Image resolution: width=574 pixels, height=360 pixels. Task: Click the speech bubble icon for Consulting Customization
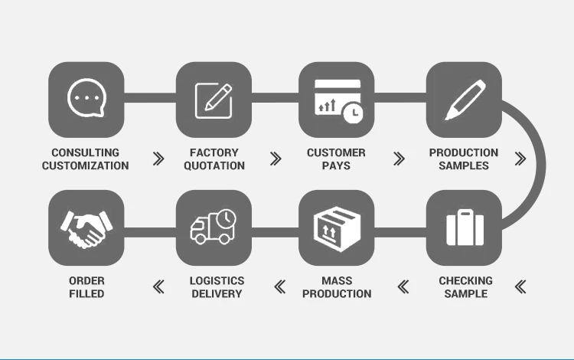tap(86, 100)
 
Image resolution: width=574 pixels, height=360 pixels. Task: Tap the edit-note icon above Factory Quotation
tap(214, 100)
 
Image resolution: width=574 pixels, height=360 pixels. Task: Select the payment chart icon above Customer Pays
tap(337, 100)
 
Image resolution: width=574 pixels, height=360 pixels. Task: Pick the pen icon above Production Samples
tap(464, 100)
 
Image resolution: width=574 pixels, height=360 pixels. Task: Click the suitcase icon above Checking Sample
tap(465, 227)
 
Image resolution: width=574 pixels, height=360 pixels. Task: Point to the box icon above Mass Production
tap(337, 227)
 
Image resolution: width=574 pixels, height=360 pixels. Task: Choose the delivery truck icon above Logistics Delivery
tap(214, 227)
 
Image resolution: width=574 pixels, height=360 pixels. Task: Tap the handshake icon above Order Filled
tap(86, 227)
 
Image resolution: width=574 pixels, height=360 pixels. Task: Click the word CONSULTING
tap(85, 152)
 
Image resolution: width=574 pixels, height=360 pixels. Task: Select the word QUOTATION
tap(214, 165)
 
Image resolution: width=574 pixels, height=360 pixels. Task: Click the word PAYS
tap(336, 165)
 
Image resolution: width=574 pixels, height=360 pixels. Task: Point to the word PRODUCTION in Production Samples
tap(464, 152)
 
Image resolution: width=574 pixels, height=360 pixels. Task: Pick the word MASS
tap(337, 280)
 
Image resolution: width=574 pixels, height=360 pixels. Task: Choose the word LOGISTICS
tap(217, 280)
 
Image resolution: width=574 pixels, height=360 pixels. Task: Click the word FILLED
tap(86, 293)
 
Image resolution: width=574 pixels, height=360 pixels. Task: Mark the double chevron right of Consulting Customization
tap(158, 159)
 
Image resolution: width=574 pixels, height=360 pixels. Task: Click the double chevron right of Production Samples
tap(520, 159)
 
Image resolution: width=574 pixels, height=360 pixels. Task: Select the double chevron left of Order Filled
tap(158, 287)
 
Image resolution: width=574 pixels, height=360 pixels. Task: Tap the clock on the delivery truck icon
tap(225, 219)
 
